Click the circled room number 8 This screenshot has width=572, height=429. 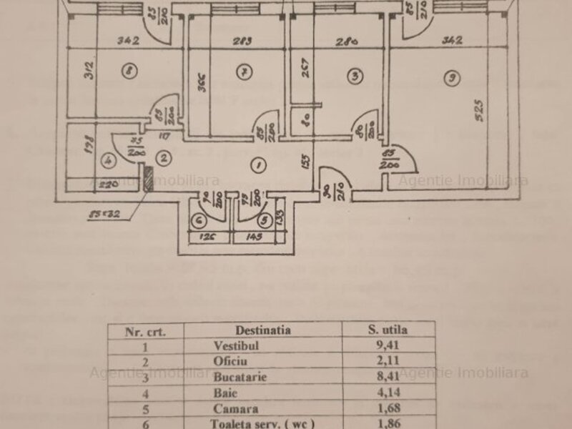(129, 71)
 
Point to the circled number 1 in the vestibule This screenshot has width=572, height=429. (260, 165)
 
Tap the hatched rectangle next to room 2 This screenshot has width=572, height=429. (147, 179)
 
